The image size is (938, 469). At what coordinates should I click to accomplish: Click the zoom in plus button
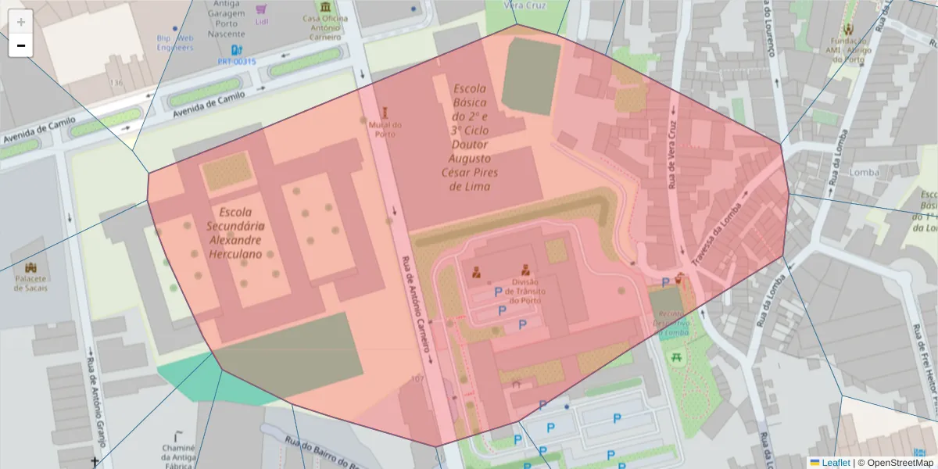(x=20, y=21)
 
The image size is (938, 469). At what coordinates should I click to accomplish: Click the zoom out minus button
(x=20, y=45)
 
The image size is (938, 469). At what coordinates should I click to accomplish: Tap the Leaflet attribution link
(x=835, y=463)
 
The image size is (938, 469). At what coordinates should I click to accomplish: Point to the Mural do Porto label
(x=385, y=129)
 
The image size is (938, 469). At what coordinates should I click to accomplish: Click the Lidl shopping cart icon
(x=261, y=9)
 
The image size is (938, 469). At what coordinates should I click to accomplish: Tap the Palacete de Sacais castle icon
(x=30, y=268)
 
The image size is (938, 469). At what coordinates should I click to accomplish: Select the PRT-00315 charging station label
(x=236, y=61)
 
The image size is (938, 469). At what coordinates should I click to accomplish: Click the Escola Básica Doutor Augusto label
(x=470, y=138)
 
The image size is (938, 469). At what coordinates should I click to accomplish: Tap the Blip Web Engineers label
(x=174, y=42)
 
